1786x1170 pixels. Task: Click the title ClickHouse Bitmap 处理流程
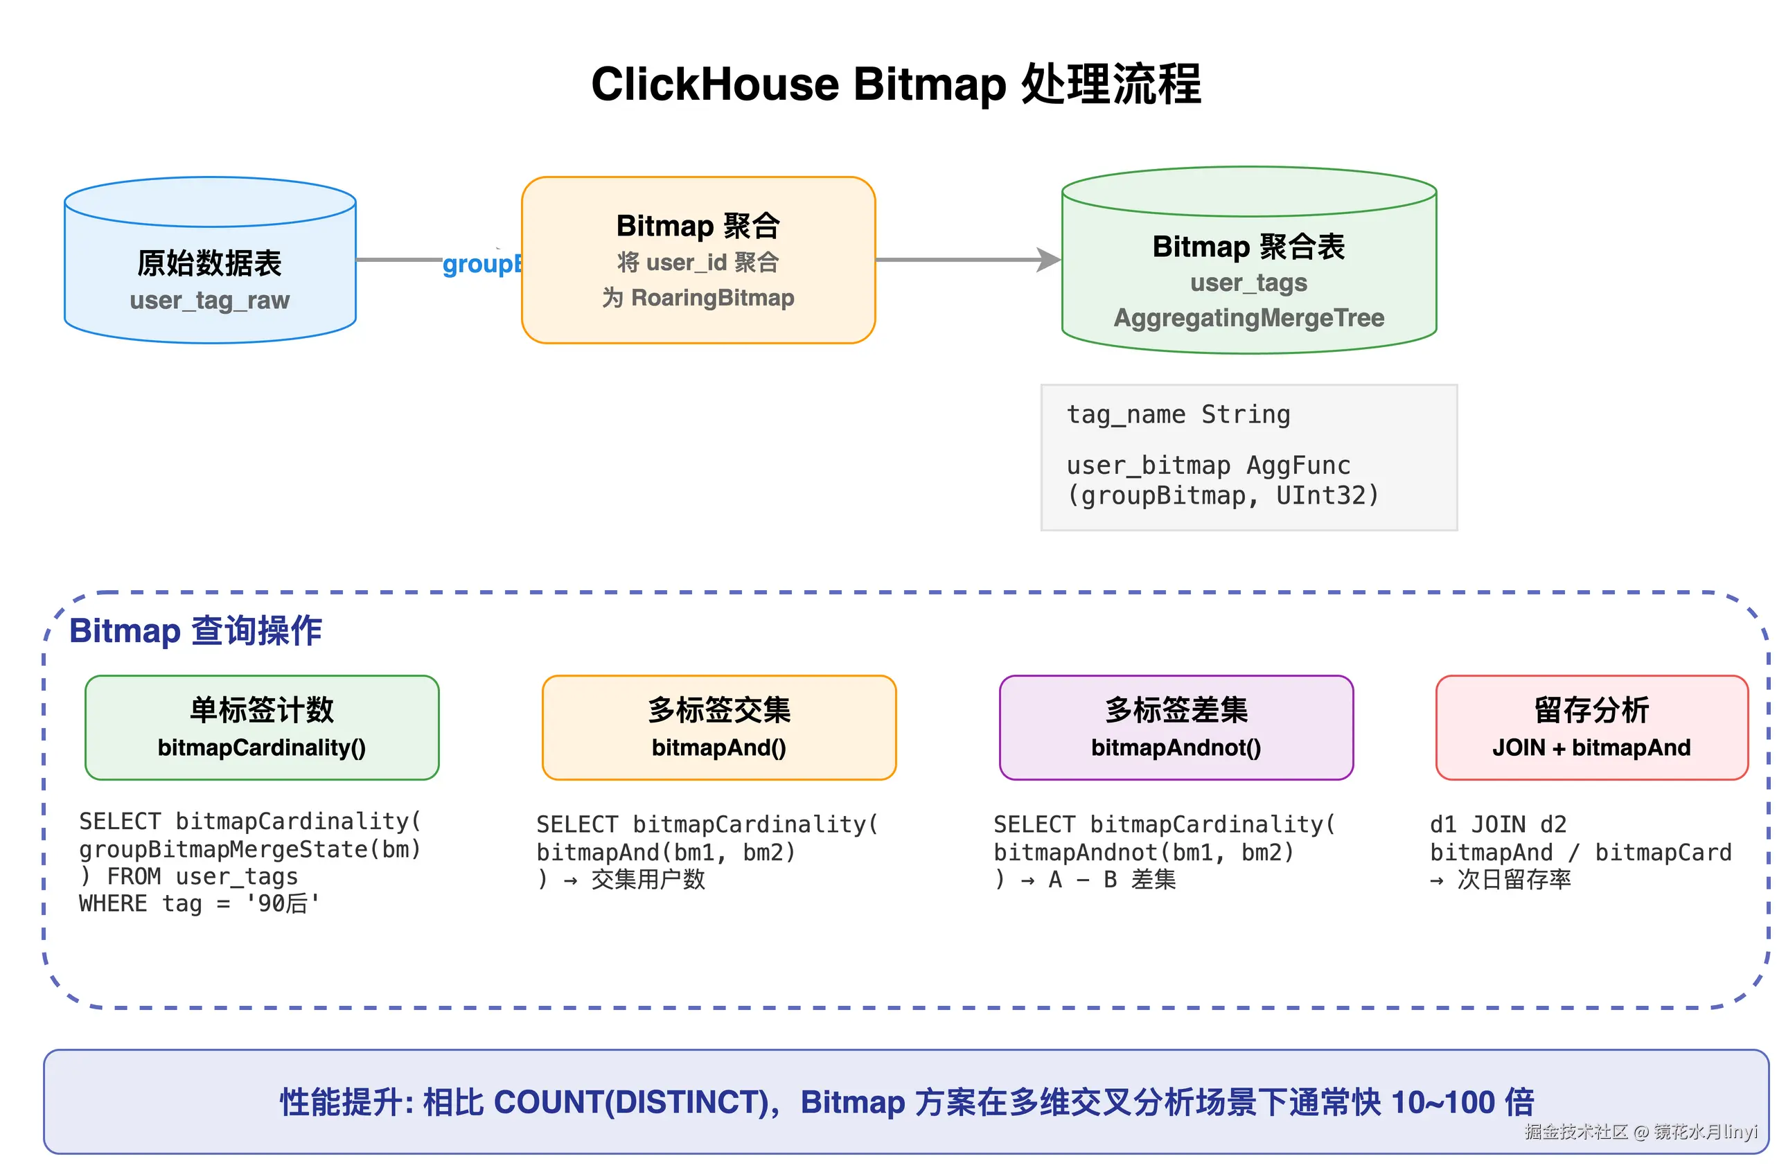click(x=895, y=83)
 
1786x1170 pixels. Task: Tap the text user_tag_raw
click(x=209, y=300)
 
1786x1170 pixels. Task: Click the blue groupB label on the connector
click(x=481, y=264)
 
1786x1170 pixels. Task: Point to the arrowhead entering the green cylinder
click(x=1049, y=260)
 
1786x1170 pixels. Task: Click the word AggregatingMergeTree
click(x=1248, y=317)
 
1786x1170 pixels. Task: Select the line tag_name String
click(x=1178, y=414)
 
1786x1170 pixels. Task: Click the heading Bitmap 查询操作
click(x=196, y=630)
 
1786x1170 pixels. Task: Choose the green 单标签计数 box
click(x=262, y=727)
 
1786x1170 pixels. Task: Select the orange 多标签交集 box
click(x=718, y=727)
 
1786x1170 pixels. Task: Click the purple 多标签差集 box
click(x=1175, y=727)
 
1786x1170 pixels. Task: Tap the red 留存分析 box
click(x=1591, y=727)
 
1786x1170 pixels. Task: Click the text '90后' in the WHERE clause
click(x=282, y=903)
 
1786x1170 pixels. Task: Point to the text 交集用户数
click(x=648, y=879)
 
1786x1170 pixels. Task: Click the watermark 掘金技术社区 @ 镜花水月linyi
click(x=1641, y=1131)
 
